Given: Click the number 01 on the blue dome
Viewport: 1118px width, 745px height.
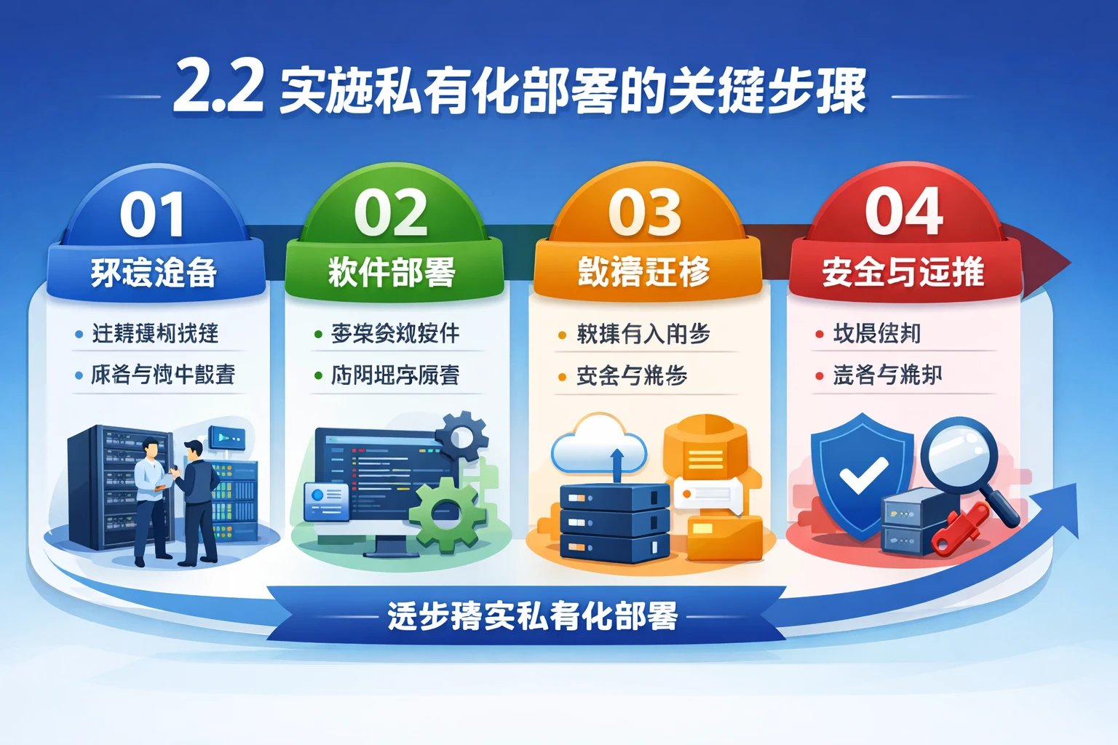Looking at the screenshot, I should (x=153, y=215).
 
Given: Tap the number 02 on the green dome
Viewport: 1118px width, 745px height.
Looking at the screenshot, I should (x=391, y=213).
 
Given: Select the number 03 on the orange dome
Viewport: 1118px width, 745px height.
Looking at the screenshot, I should (x=645, y=213).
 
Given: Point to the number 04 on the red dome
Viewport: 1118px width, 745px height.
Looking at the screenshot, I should (x=904, y=212).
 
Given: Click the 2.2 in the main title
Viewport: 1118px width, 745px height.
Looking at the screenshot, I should (x=218, y=88).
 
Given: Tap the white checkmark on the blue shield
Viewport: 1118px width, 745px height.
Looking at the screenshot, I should (x=863, y=475).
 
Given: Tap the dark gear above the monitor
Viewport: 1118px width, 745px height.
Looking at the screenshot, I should (x=461, y=437).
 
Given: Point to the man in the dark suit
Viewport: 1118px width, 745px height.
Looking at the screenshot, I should (x=198, y=502).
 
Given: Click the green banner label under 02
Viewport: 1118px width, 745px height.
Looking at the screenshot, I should (x=392, y=273).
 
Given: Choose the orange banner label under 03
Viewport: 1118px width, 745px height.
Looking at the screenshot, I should (x=644, y=272).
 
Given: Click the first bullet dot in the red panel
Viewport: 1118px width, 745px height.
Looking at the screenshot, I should (x=820, y=335).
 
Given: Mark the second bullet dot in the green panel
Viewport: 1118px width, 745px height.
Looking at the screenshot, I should (x=318, y=376).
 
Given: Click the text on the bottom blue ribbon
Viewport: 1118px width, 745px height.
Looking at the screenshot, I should (x=532, y=616).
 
